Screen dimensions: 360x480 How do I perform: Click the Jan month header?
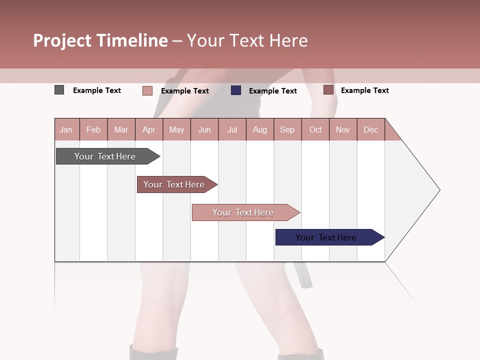pyautogui.click(x=66, y=129)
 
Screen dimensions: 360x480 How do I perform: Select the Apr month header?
pyautogui.click(x=148, y=129)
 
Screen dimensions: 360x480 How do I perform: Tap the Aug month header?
pyautogui.click(x=259, y=129)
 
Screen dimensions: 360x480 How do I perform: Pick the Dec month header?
pyautogui.click(x=370, y=129)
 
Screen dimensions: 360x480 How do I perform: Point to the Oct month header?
pyautogui.click(x=315, y=129)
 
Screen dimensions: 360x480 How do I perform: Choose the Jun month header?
pyautogui.click(x=204, y=129)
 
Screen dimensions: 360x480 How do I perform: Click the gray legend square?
pyautogui.click(x=59, y=90)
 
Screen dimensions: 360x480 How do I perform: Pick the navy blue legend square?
pyautogui.click(x=236, y=90)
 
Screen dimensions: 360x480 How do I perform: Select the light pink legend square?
pyautogui.click(x=147, y=90)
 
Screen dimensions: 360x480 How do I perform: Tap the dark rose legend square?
pyautogui.click(x=328, y=90)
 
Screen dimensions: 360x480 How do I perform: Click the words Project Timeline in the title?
pyautogui.click(x=100, y=40)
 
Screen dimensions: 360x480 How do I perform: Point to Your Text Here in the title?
pyautogui.click(x=247, y=40)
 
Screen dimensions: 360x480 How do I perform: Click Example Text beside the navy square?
pyautogui.click(x=272, y=91)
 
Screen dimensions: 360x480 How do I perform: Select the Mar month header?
pyautogui.click(x=121, y=129)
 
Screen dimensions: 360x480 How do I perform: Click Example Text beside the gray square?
pyautogui.click(x=96, y=90)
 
